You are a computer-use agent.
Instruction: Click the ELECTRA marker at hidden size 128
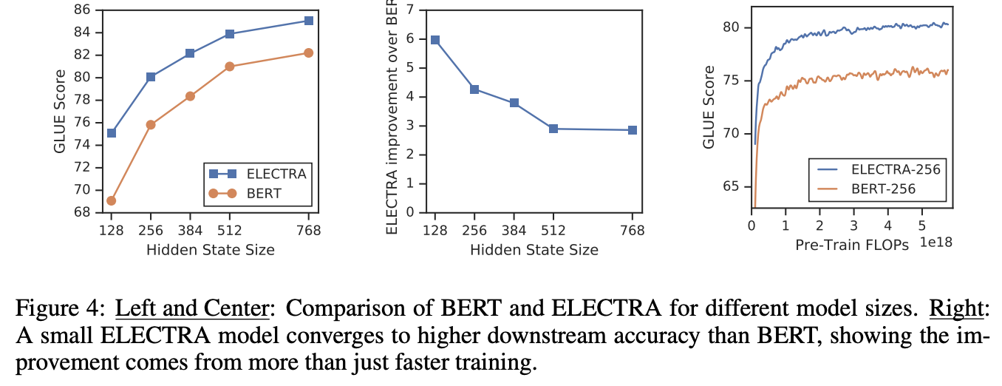click(x=112, y=133)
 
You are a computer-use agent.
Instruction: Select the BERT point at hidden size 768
click(x=308, y=53)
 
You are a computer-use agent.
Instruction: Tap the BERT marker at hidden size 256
click(x=151, y=125)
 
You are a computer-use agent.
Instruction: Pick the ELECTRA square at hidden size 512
click(x=230, y=34)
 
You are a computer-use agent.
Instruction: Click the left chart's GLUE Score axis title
click(x=60, y=111)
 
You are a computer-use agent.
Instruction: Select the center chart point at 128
click(x=435, y=40)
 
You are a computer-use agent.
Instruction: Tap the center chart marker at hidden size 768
click(x=633, y=130)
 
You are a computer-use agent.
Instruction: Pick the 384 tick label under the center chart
click(x=514, y=231)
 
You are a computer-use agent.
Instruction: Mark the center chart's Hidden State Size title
click(x=534, y=250)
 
